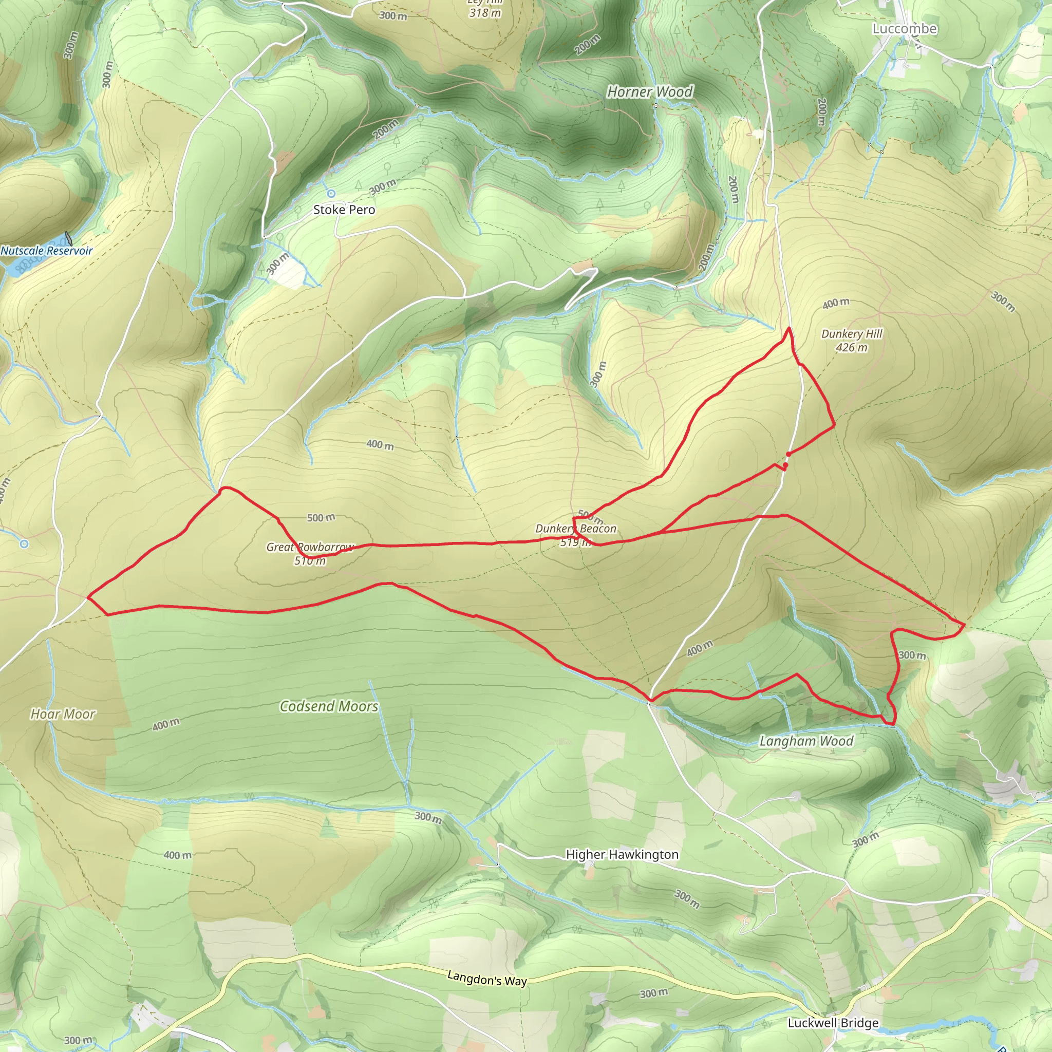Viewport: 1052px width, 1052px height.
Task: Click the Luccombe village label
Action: pos(905,29)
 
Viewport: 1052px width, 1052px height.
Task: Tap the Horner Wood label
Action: pos(650,92)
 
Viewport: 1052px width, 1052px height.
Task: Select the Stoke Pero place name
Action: pos(344,210)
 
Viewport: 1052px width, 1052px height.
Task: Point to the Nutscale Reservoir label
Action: pos(47,251)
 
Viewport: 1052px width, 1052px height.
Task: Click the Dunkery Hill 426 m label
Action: pos(852,341)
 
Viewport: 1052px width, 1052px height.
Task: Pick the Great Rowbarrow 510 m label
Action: pos(310,554)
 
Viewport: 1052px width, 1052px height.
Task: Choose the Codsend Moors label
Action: pos(329,706)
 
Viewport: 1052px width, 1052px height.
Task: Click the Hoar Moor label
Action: pos(63,714)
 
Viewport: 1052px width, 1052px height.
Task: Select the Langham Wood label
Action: pos(806,741)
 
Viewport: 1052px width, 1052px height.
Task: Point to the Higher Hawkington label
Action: pos(623,854)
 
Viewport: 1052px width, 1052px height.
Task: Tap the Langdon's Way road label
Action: pos(487,979)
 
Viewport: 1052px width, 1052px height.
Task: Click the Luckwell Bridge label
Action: pos(833,1023)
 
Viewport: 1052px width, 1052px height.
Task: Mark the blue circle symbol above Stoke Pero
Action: pos(331,193)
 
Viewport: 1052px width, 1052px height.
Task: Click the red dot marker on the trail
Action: pos(788,454)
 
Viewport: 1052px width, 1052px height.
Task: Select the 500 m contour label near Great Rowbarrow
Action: pos(321,517)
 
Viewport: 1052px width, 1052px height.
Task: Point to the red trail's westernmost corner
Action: pos(88,597)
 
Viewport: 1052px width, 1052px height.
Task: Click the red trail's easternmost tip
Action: pos(964,625)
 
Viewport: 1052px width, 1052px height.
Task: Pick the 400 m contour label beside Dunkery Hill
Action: pos(836,303)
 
